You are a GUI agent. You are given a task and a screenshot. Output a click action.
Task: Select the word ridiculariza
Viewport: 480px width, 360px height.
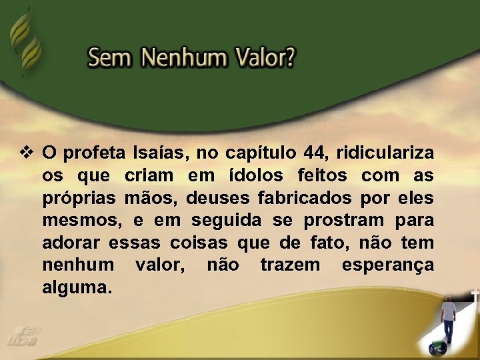(x=385, y=153)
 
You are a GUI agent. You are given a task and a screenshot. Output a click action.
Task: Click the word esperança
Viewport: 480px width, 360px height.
(x=387, y=265)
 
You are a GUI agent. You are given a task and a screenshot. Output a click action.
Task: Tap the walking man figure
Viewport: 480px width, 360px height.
(x=449, y=319)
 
